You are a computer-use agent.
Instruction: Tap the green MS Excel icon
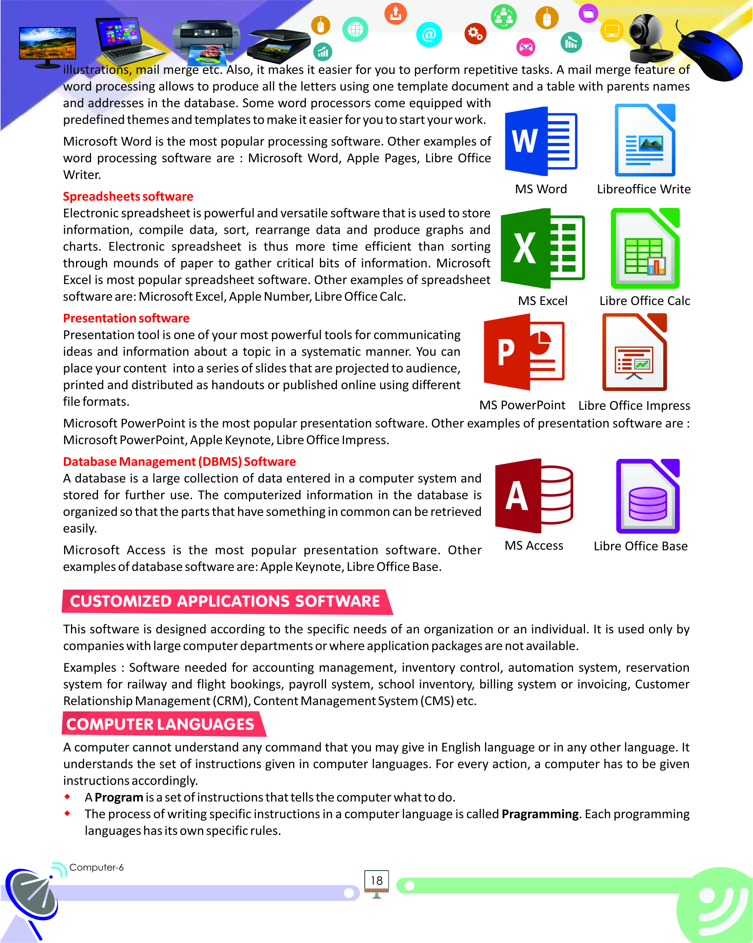tap(542, 248)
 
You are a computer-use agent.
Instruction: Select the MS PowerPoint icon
tap(524, 352)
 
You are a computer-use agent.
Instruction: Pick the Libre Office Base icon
tap(648, 496)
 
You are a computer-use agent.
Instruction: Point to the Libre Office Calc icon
tap(645, 248)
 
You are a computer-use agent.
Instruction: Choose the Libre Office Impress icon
tap(635, 352)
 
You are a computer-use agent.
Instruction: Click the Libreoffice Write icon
tap(645, 140)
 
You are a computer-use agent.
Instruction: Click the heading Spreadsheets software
tap(128, 196)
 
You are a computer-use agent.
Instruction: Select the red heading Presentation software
tap(126, 318)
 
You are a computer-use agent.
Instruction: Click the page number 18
tap(376, 881)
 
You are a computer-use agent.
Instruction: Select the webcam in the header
tap(648, 37)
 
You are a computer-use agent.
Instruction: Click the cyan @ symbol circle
tap(429, 34)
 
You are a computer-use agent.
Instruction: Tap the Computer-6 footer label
tap(96, 867)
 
